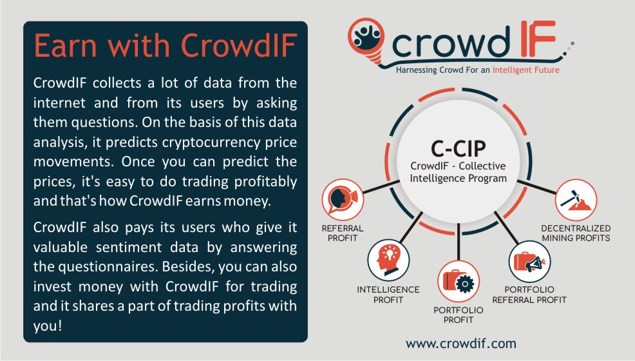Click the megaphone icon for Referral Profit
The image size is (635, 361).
coord(339,199)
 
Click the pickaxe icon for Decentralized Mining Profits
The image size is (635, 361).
coord(576,200)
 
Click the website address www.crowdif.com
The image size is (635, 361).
coord(461,343)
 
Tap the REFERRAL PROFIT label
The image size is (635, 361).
coord(343,233)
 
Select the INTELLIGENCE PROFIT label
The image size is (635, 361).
coord(388,295)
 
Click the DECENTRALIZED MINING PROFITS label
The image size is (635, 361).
coord(576,233)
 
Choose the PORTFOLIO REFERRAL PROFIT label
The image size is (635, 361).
coord(529,295)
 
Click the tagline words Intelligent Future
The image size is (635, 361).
coord(526,69)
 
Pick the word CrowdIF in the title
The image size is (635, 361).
coord(238,46)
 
